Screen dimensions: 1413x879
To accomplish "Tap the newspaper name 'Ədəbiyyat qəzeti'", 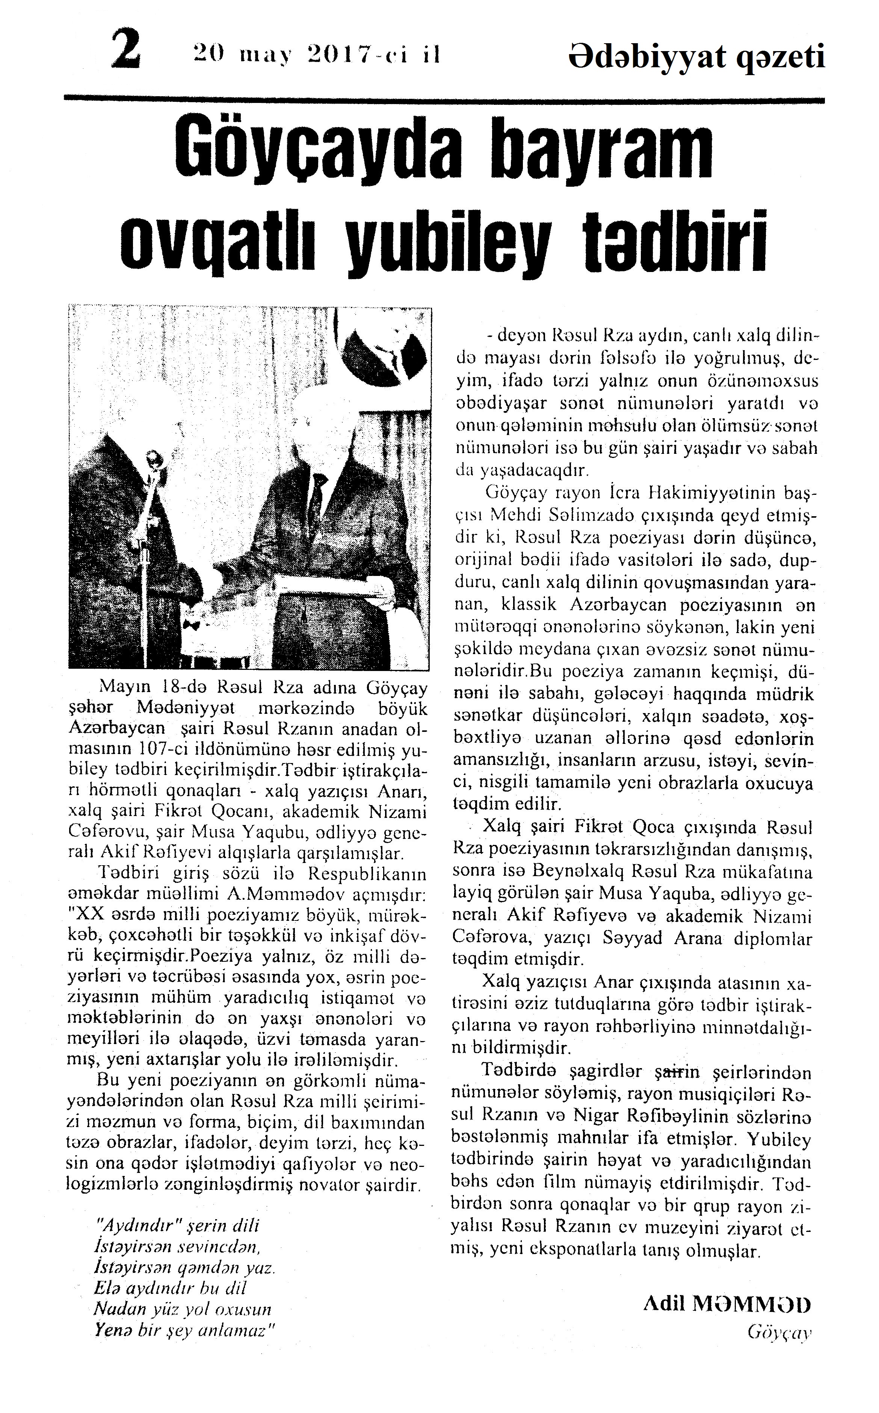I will pyautogui.click(x=696, y=57).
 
